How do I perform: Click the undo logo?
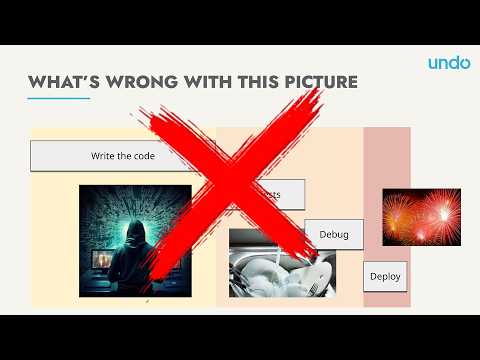coord(449,63)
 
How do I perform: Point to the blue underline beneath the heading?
coord(58,98)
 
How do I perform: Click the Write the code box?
coord(110,156)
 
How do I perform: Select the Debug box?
coord(333,234)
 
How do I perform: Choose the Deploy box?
coord(385,275)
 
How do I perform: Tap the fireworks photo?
coord(421,217)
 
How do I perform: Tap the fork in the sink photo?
coord(314,287)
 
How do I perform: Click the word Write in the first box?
coord(102,156)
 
